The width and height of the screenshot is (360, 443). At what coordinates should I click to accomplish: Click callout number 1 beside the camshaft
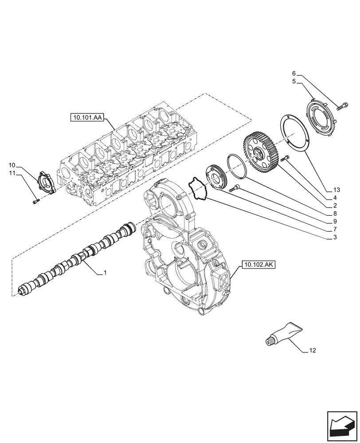tap(105, 273)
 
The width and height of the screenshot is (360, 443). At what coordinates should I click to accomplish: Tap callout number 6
tap(293, 73)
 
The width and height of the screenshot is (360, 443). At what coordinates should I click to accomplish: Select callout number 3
tap(335, 237)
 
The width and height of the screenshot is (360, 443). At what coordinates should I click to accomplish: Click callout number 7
tap(335, 229)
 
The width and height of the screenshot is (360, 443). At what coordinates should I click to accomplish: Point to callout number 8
tap(335, 214)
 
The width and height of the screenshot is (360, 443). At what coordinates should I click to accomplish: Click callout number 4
tap(335, 198)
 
